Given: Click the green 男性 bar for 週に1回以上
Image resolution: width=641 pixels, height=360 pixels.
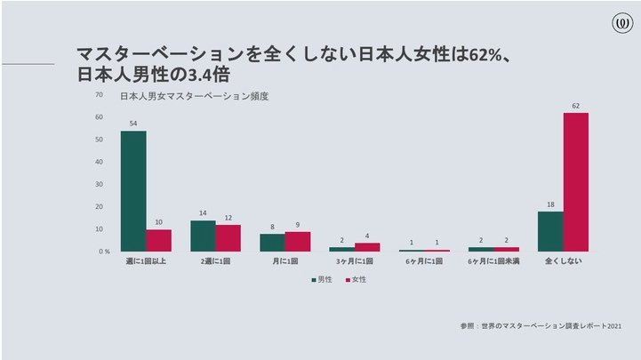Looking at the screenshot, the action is pos(133,191).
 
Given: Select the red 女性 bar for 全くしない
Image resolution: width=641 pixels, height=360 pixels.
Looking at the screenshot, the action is pos(575,182).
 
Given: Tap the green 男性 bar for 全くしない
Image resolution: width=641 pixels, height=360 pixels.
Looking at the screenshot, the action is pos(550,231).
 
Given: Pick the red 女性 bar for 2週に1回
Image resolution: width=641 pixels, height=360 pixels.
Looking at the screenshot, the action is pos(228,238).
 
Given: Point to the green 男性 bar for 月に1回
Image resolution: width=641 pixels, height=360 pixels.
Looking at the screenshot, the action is pos(272,243).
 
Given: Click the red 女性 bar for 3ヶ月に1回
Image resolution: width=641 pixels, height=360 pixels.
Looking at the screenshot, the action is pos(367,247).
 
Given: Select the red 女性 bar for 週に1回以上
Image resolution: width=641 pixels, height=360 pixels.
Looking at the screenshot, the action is pos(158,240).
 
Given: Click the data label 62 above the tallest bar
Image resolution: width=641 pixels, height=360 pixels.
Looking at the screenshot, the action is pos(575,106).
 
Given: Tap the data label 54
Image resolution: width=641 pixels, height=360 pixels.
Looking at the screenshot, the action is pos(133,124).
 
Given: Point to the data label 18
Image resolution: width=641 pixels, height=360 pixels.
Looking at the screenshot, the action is pos(550,204).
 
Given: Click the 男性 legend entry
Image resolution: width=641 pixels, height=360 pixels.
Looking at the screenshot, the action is pos(322,279).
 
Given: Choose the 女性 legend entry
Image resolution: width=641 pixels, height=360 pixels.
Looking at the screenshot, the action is pos(357,279).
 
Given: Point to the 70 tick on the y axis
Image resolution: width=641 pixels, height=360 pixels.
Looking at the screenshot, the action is pos(99,95).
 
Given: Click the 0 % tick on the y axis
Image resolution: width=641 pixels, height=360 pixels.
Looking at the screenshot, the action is pos(104,252).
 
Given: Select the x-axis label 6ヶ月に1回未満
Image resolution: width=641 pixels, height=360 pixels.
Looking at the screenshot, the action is pos(493,261).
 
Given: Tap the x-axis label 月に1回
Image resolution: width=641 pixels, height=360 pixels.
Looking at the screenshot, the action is pos(284,261).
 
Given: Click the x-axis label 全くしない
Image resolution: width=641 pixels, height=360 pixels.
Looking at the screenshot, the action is pos(563,261).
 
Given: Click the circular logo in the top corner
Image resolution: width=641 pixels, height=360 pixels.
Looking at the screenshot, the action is pos(622,23).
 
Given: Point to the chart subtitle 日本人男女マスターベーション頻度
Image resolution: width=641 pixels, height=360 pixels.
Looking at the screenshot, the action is pos(194,96).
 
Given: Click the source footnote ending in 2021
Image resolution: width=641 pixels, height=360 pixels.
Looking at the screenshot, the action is pos(541,326).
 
